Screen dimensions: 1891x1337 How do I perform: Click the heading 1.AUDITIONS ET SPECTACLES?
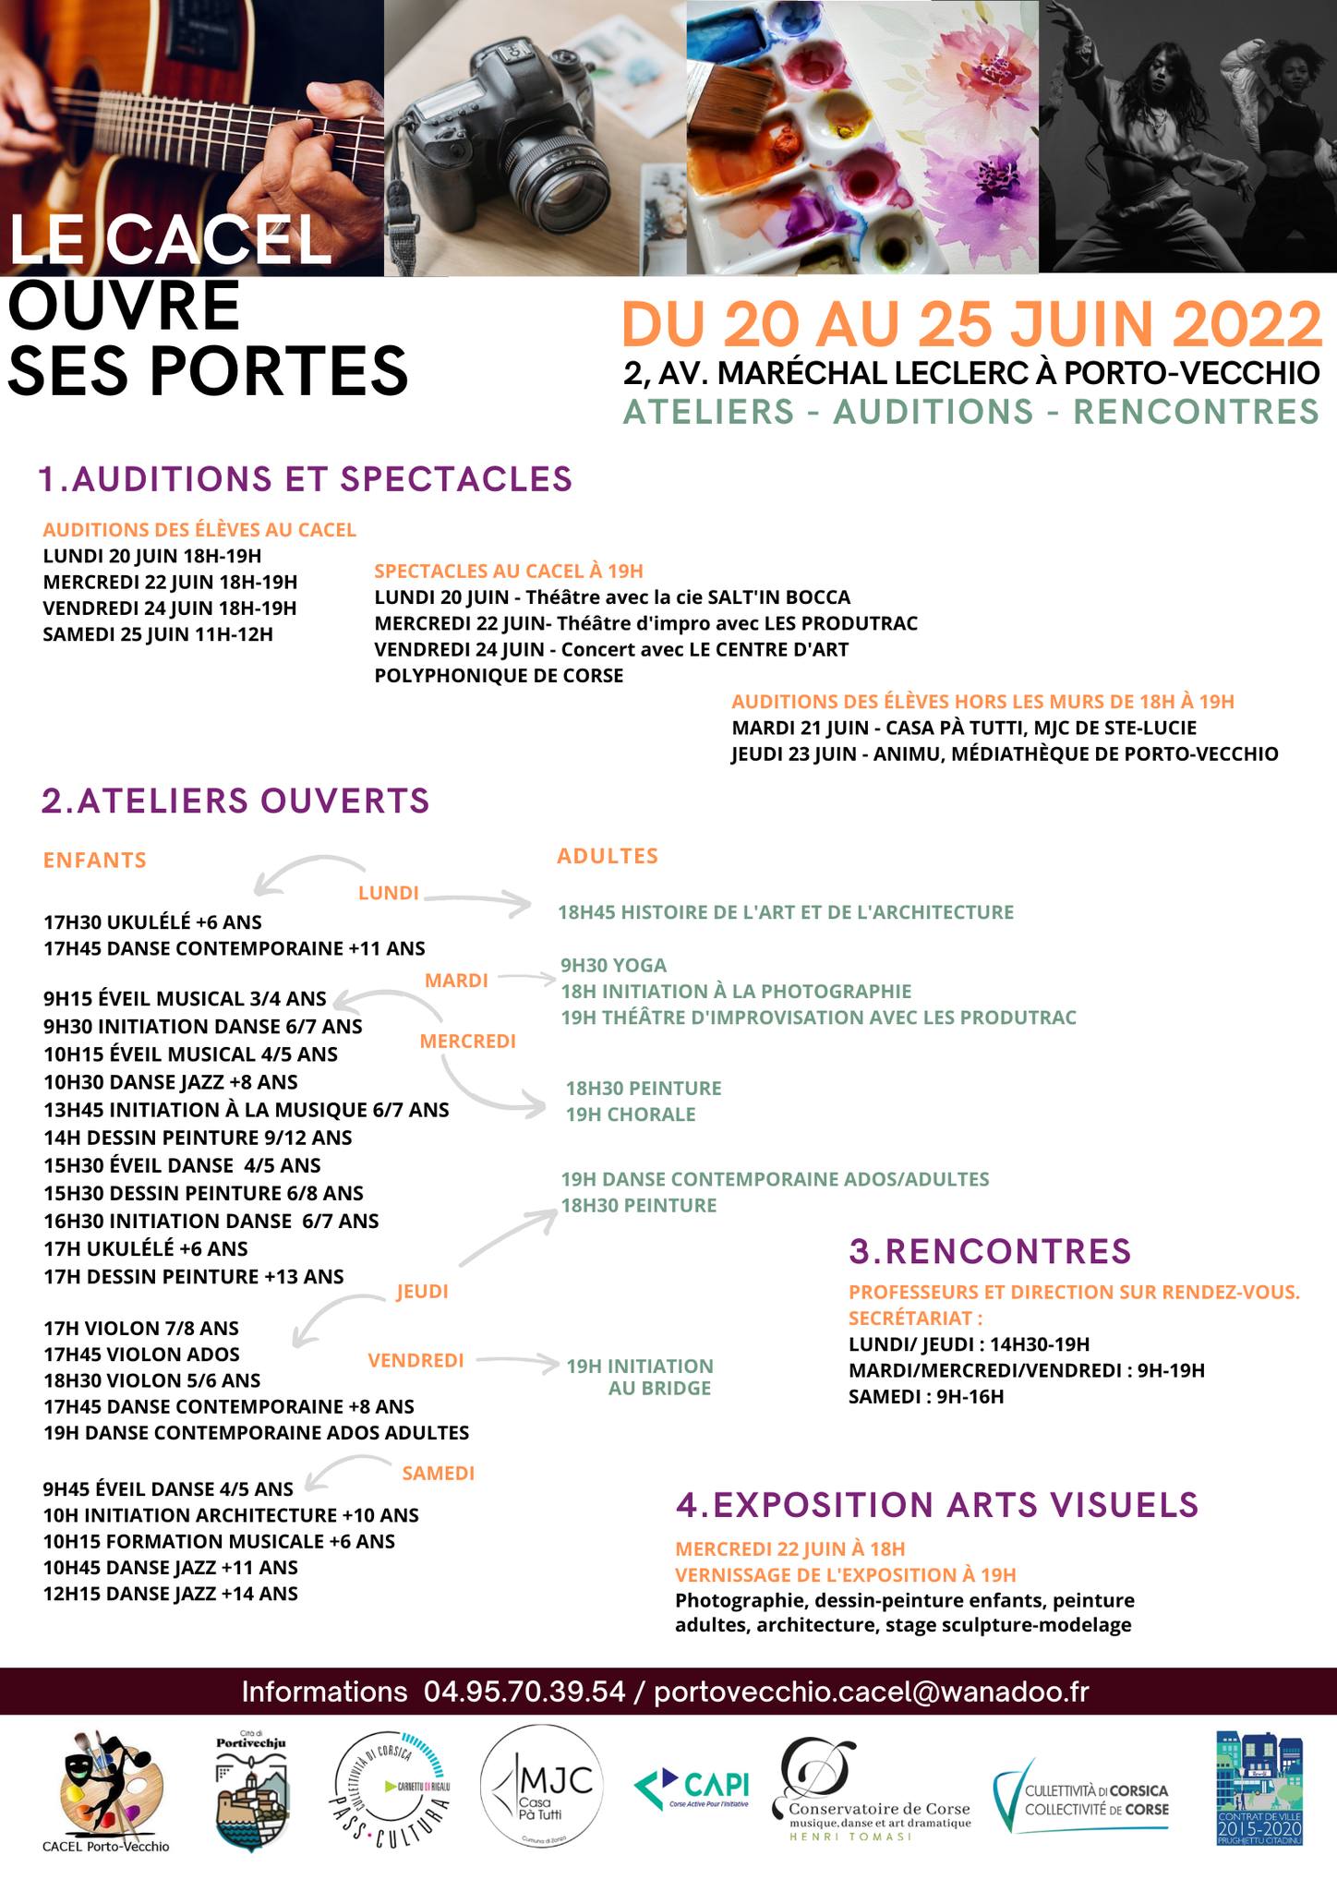click(x=306, y=479)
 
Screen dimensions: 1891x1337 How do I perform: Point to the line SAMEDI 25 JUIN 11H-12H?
click(x=158, y=634)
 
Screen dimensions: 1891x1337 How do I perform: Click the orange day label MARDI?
click(x=456, y=981)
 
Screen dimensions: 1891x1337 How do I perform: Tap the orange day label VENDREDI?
click(x=416, y=1360)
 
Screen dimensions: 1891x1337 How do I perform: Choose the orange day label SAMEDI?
click(x=439, y=1474)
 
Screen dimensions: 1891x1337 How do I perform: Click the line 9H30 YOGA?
click(x=613, y=966)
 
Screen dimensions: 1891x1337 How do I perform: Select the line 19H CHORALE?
click(x=631, y=1114)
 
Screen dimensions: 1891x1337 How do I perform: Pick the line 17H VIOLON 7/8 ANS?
click(x=141, y=1329)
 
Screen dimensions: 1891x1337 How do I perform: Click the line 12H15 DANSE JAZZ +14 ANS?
click(x=171, y=1594)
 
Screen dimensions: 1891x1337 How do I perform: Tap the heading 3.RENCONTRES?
click(x=990, y=1251)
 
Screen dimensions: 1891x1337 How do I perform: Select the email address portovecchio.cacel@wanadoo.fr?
click(x=872, y=1692)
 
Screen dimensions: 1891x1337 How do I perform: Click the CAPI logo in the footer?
click(x=692, y=1787)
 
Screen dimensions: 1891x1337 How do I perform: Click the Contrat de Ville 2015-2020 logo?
click(x=1259, y=1789)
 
